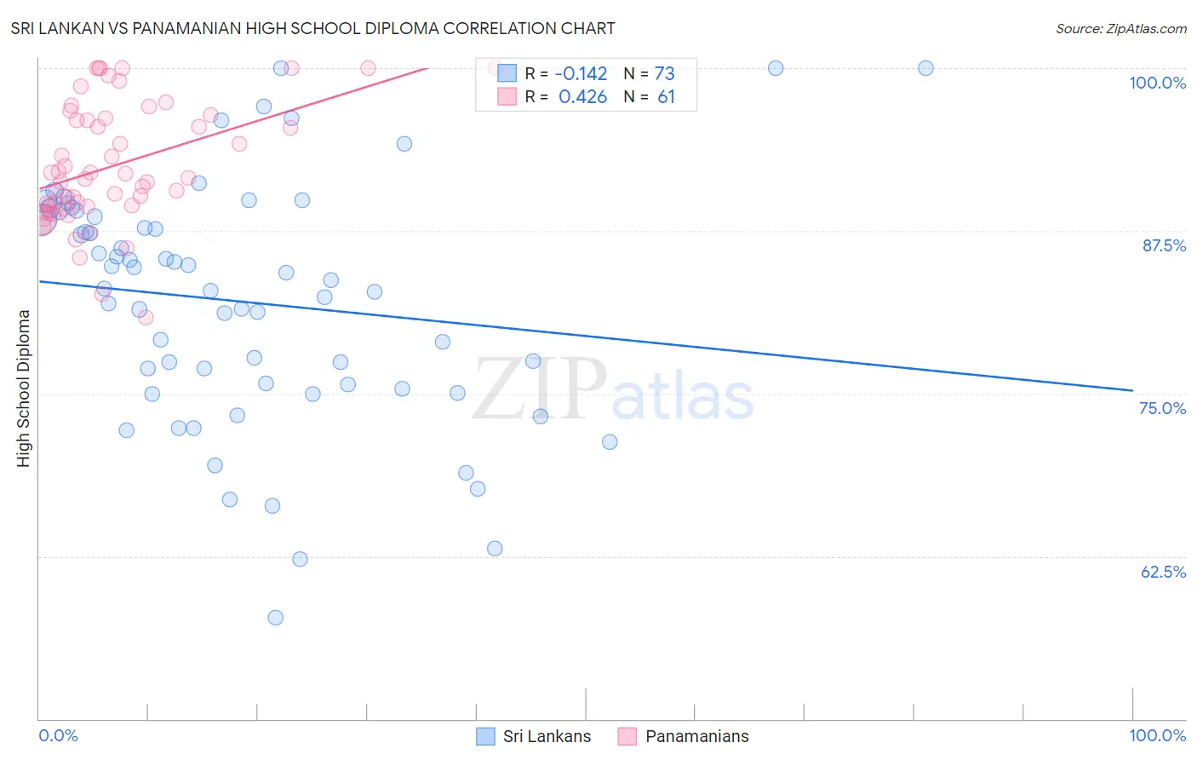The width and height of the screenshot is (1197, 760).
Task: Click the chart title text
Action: click(312, 28)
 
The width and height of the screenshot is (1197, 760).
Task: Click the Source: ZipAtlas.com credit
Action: click(1120, 28)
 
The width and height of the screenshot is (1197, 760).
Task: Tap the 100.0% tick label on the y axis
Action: click(1157, 83)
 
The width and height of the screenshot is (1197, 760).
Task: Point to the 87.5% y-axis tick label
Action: click(1163, 245)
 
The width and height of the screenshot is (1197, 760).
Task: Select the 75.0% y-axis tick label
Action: click(1162, 408)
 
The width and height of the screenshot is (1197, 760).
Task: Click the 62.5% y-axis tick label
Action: click(1163, 572)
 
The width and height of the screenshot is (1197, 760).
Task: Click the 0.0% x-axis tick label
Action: click(58, 735)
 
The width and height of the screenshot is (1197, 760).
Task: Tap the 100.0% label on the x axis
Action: click(1157, 735)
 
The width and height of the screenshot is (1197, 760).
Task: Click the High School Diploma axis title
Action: click(24, 388)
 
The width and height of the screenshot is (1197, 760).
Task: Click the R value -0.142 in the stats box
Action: click(582, 74)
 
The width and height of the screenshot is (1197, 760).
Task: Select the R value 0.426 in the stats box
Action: click(582, 97)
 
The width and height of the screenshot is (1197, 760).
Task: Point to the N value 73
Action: click(664, 74)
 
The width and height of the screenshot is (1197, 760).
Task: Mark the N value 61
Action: click(666, 97)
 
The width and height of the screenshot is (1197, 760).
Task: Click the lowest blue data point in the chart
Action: click(275, 618)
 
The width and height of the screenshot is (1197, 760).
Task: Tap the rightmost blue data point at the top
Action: click(925, 68)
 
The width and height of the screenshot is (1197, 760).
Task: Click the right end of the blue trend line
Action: click(1132, 390)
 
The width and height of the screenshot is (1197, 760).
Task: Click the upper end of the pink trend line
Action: click(426, 67)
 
